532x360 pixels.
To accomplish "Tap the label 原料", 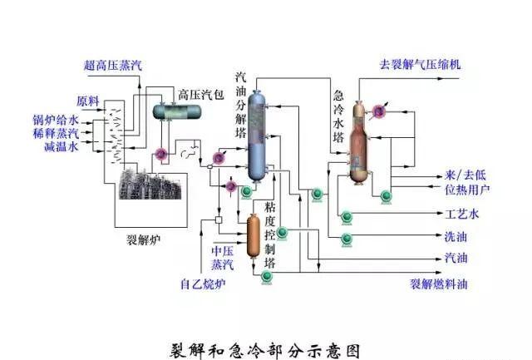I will (88, 101).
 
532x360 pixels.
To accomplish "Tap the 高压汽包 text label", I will (201, 92).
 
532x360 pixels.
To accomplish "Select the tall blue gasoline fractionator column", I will (259, 137).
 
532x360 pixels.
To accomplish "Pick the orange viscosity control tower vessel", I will (254, 235).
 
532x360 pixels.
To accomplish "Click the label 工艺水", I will (462, 214).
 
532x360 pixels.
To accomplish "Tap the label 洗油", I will (456, 237).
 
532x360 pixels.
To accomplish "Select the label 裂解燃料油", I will (438, 284).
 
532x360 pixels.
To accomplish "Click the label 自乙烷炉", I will (203, 284).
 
